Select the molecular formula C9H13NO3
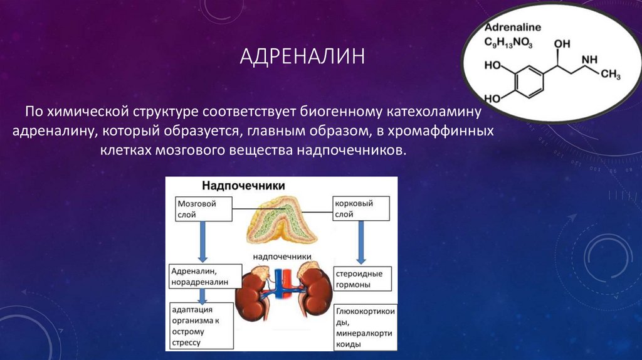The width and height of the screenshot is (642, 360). coord(512,42)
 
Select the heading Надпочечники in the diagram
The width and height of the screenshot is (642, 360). coord(243,186)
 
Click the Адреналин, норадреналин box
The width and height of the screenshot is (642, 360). coord(205,277)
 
